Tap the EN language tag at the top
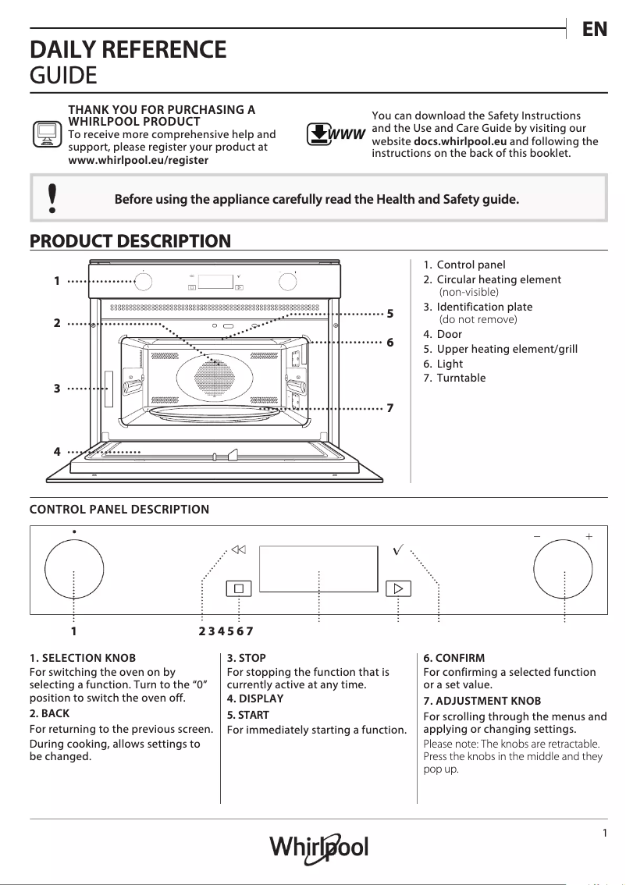coord(594,30)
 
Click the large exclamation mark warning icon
coord(52,199)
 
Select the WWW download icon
coord(335,134)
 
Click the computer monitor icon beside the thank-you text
coord(46,134)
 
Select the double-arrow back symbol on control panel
coord(238,549)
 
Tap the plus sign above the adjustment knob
coord(589,537)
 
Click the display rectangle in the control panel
coord(319,569)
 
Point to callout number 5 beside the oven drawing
coord(390,314)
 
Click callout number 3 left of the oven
coord(57,387)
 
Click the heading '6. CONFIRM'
coord(453,658)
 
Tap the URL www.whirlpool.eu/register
coord(138,160)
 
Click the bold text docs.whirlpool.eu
coord(460,141)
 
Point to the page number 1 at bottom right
coord(605,833)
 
